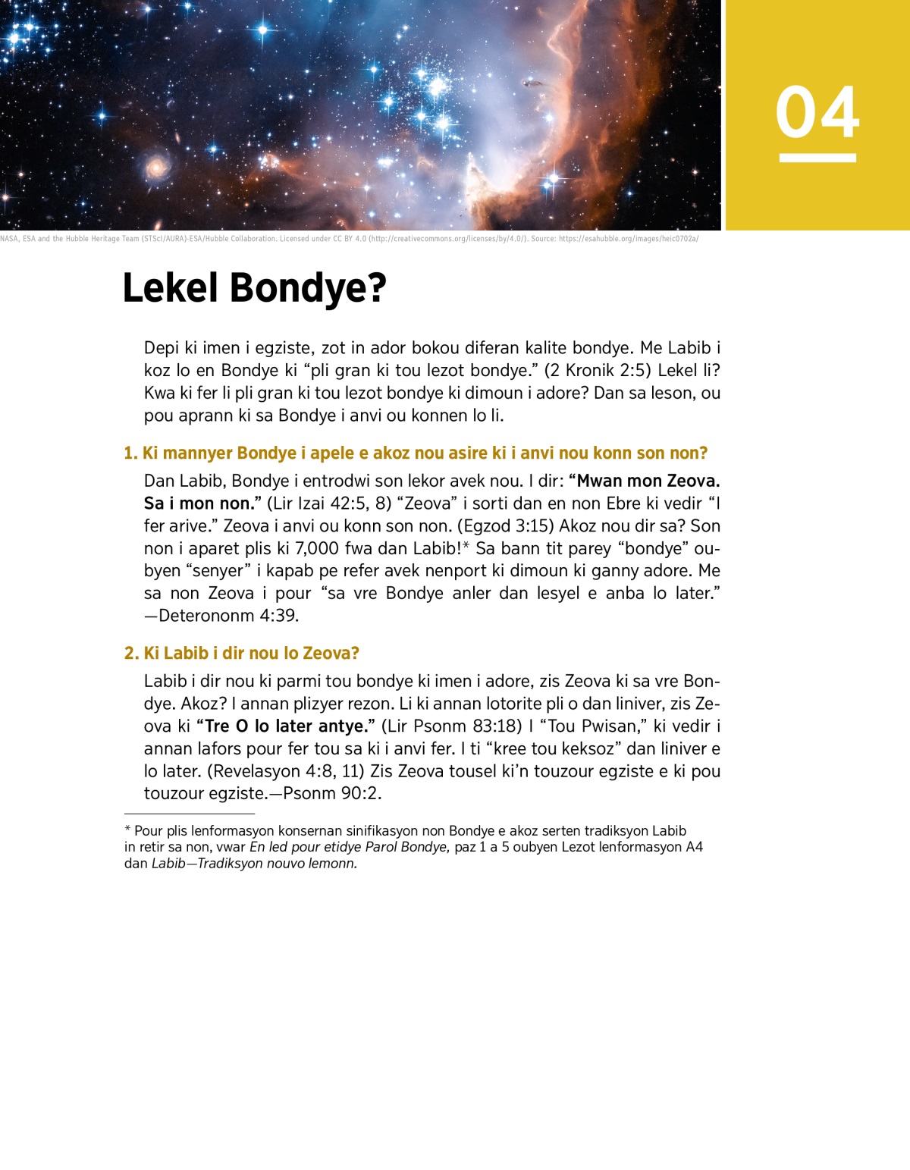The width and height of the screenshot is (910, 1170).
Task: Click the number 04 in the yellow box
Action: point(817,112)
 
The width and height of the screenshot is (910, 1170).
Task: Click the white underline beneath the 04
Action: point(817,158)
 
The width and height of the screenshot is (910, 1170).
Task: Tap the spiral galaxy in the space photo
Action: point(156,167)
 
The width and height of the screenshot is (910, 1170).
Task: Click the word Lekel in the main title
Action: point(170,288)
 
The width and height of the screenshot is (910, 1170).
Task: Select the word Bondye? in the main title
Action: point(308,288)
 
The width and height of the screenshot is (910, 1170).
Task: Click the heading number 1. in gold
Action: point(131,453)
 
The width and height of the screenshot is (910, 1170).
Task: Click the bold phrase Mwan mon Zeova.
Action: point(648,481)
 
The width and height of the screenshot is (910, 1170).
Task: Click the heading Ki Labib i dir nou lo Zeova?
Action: point(251,654)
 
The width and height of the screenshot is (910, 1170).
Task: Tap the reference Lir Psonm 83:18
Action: point(451,726)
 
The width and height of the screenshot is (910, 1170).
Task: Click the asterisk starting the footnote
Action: point(128,830)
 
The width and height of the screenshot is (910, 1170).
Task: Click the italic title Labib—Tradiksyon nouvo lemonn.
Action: point(254,864)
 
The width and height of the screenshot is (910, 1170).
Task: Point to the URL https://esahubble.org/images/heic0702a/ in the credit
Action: point(629,239)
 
